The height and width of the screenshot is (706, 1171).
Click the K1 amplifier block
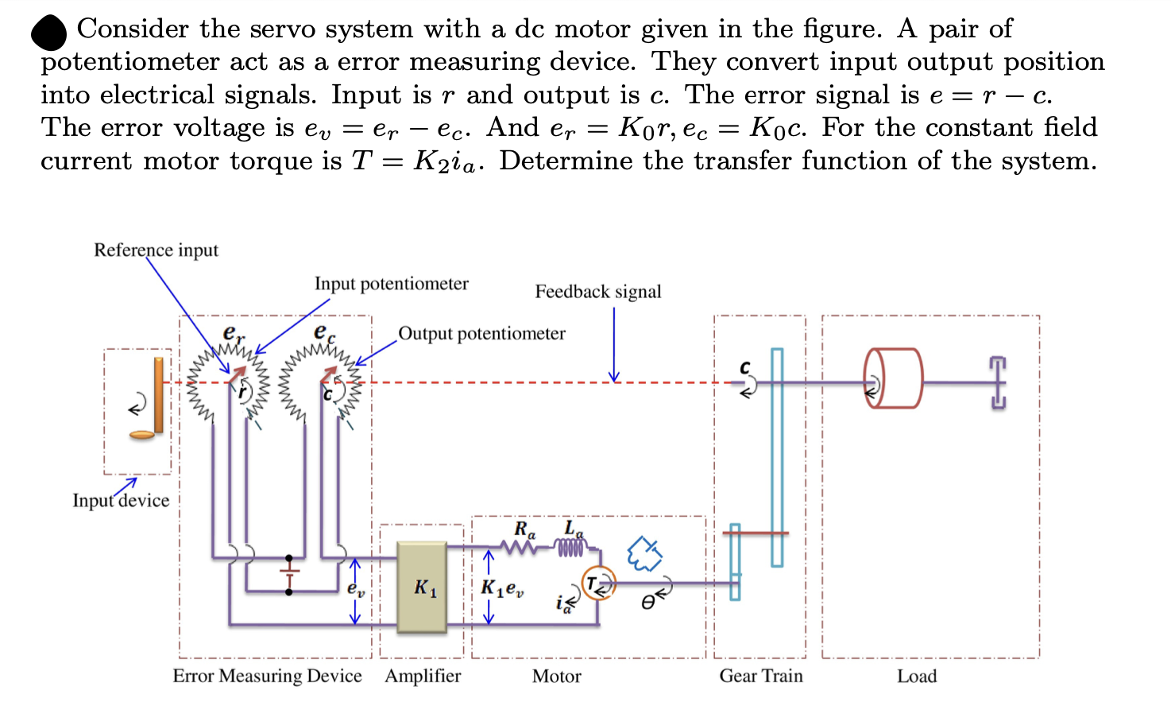point(422,588)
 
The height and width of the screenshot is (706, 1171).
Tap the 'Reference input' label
point(156,250)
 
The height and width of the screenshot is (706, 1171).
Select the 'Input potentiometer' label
point(391,284)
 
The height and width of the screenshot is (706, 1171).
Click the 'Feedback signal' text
point(597,292)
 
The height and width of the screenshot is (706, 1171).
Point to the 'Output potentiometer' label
point(481,334)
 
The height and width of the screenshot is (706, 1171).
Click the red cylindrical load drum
point(894,378)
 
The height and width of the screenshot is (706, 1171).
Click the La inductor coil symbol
point(570,547)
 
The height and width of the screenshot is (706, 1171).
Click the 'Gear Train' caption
point(760,676)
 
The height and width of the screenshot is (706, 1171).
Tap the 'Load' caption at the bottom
point(917,676)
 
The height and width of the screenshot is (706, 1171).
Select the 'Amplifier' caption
point(423,676)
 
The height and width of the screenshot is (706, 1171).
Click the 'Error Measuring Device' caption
point(267,676)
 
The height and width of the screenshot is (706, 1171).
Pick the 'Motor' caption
point(556,677)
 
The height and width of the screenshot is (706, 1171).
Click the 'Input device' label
point(121,501)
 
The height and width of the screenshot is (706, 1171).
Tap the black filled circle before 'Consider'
point(49,33)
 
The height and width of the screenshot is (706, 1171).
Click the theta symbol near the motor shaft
point(648,603)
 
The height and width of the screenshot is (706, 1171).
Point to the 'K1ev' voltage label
point(501,588)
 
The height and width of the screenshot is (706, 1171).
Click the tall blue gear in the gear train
point(777,457)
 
